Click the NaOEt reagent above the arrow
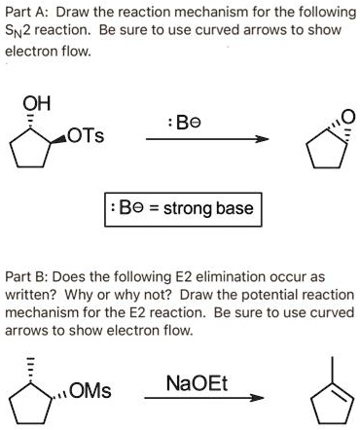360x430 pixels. (202, 379)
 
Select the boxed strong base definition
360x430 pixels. (180, 209)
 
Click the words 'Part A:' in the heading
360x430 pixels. (28, 12)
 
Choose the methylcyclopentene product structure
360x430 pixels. (332, 400)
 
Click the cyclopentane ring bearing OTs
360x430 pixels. (45, 147)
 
